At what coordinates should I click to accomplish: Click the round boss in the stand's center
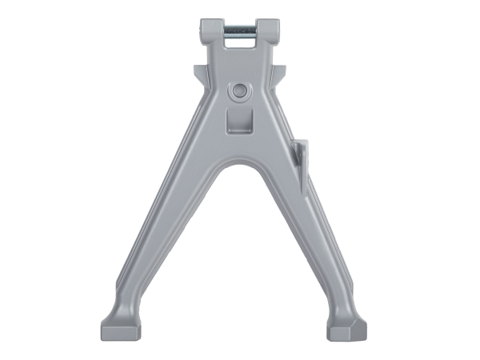tap(238, 91)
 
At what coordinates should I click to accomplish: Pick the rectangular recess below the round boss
tap(238, 121)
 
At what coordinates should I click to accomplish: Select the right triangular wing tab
tap(278, 74)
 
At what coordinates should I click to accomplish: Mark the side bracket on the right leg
tap(298, 160)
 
